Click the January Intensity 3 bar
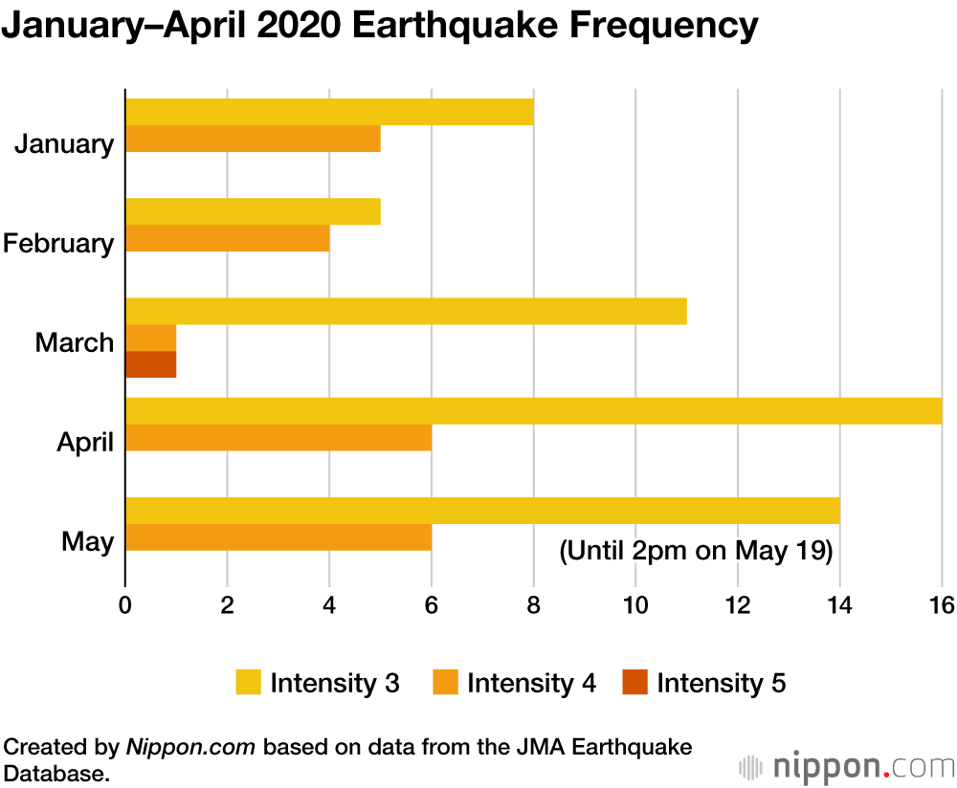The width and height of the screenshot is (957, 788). (x=329, y=112)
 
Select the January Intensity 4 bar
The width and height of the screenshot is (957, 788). (x=253, y=139)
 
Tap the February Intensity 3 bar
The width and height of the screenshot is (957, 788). (x=253, y=211)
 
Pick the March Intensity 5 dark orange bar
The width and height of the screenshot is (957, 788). (x=150, y=364)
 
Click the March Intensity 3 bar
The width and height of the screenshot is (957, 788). (x=406, y=311)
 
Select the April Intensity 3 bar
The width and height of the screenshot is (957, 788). (x=533, y=410)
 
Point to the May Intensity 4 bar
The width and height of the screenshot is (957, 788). (x=278, y=536)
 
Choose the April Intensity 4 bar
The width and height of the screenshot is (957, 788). (x=278, y=437)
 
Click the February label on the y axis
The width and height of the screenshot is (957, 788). (x=58, y=243)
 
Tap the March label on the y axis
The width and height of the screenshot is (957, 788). (x=75, y=342)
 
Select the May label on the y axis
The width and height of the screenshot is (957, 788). (x=88, y=541)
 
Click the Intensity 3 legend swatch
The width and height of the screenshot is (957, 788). (x=247, y=683)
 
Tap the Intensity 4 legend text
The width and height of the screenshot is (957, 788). (x=531, y=683)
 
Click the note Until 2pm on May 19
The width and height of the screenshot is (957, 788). (x=696, y=551)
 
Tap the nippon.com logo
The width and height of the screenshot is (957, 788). (x=847, y=766)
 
